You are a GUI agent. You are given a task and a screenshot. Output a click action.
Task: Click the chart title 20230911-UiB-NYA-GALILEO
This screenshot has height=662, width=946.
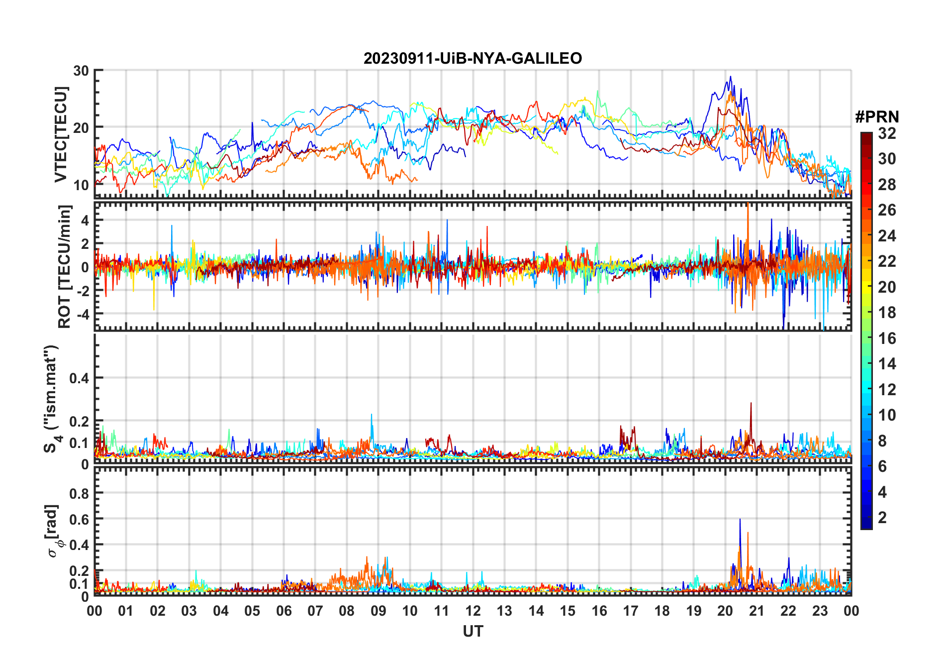473,59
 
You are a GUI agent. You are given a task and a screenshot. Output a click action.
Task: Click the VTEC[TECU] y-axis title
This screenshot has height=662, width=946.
61,134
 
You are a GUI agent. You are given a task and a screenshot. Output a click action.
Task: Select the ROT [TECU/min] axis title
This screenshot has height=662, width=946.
65,266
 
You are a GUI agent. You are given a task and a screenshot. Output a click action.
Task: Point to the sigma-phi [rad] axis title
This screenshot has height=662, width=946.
53,531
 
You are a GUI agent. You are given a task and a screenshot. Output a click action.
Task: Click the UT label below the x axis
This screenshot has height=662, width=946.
473,632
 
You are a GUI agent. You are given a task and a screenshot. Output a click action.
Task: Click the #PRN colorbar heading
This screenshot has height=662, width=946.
877,117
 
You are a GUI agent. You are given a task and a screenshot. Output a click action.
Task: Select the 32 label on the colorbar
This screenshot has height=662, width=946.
887,133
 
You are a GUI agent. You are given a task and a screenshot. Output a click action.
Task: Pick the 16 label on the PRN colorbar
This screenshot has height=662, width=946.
887,338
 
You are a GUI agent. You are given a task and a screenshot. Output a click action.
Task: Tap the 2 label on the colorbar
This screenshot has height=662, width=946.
882,518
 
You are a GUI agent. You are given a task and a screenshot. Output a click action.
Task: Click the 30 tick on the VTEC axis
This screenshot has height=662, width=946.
81,71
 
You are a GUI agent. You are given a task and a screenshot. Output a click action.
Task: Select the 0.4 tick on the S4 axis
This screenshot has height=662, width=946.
79,378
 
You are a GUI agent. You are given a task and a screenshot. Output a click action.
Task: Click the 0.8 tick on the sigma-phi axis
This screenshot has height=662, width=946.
79,493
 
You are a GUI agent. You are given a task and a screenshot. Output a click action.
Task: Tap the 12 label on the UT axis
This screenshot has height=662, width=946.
473,611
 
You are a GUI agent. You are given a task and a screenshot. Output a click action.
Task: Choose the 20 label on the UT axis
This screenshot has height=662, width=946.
725,611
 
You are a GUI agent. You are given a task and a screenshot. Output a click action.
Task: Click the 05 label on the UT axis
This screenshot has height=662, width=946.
252,611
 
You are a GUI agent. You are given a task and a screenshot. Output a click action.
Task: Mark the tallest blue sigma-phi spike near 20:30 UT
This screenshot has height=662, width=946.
740,520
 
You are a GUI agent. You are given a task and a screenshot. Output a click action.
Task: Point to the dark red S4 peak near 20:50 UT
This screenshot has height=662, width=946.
751,404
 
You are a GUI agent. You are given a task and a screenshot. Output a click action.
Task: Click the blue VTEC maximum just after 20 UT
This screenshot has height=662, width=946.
730,77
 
